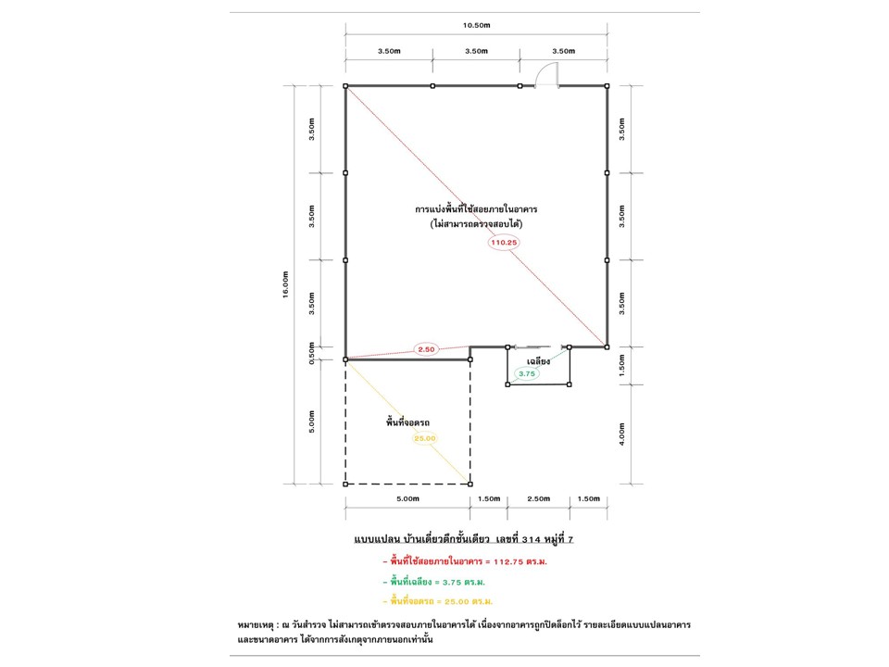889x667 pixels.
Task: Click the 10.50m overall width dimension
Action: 476,25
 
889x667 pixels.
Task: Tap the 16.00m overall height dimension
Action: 286,284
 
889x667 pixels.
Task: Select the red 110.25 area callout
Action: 504,242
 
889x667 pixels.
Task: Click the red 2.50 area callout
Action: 426,349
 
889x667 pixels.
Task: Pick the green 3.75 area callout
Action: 527,373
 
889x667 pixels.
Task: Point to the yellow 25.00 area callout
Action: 425,438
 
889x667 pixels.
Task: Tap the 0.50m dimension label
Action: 311,353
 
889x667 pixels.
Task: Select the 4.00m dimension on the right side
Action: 622,434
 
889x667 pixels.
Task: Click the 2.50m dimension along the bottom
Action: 539,499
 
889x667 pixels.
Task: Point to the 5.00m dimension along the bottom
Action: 407,499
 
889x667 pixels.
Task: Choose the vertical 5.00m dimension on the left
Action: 311,422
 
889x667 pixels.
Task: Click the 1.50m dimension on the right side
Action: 622,366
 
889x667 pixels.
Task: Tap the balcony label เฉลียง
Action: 538,361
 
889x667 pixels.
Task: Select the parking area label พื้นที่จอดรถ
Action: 407,422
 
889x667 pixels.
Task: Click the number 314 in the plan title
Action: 531,539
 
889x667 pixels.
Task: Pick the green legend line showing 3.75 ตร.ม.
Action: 433,582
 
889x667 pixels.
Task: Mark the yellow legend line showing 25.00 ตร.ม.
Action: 438,601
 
